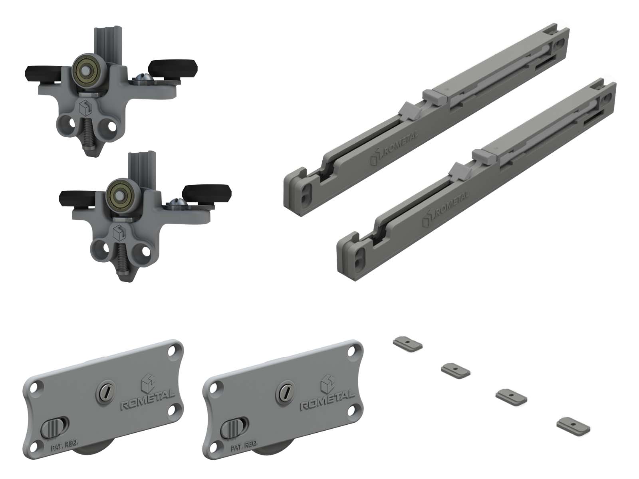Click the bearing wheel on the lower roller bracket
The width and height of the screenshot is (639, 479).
coord(121,194)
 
